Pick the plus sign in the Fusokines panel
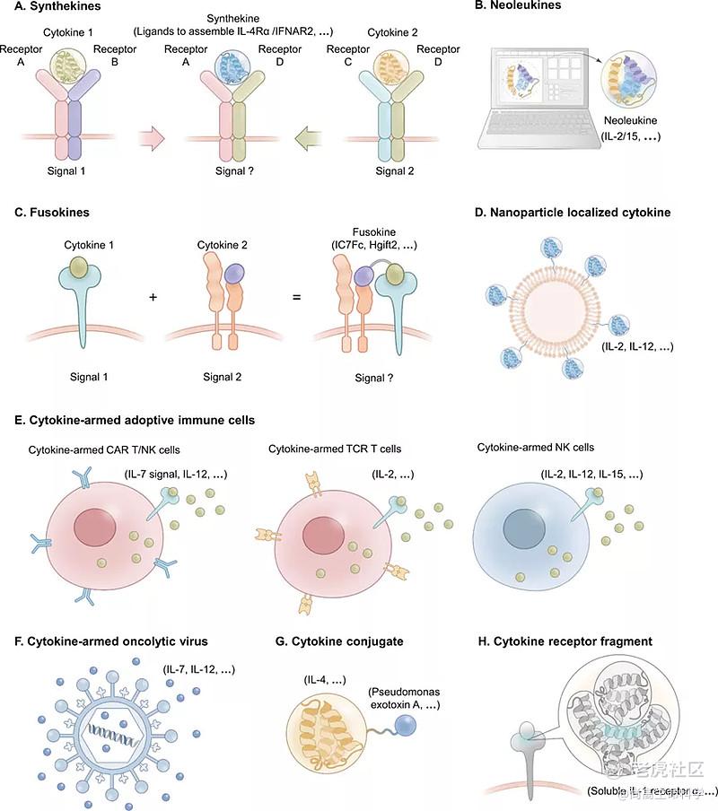click(153, 295)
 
